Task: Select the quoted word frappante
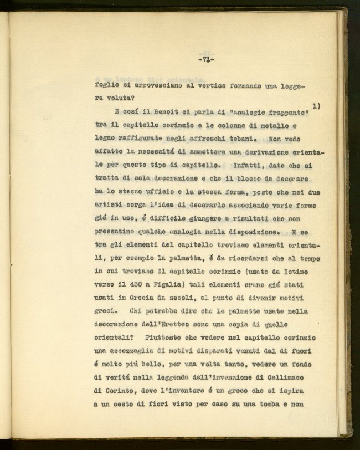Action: [x=284, y=106]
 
